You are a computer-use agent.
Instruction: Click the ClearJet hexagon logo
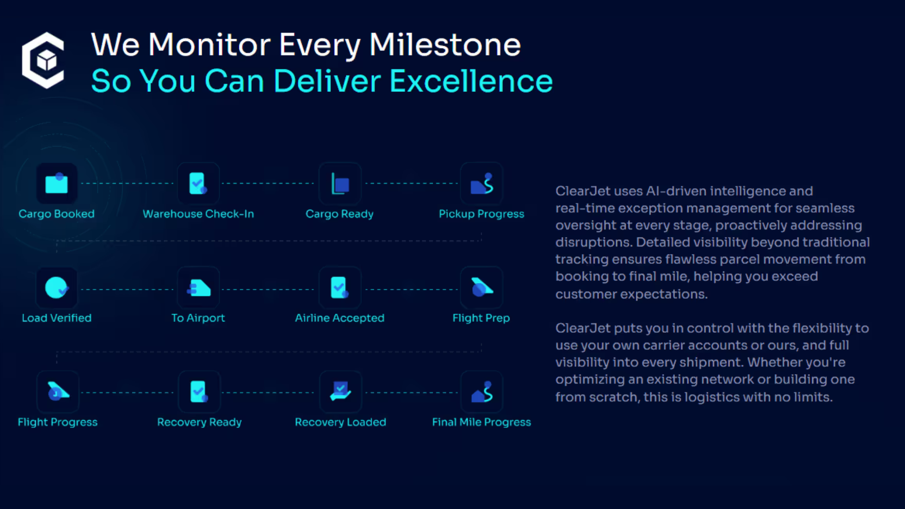coord(43,60)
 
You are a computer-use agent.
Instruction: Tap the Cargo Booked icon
coord(57,183)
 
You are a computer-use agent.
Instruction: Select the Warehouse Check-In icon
coord(198,183)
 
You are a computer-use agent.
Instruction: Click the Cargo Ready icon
coord(340,183)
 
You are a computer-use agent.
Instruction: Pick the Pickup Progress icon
coord(482,183)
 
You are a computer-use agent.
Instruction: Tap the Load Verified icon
coord(57,287)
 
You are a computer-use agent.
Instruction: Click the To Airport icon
coord(198,287)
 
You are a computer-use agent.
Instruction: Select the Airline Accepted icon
coord(340,287)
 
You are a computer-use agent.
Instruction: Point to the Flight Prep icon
coord(482,287)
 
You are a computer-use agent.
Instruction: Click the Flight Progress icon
coord(58,392)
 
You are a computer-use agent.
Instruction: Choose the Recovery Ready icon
coord(199,392)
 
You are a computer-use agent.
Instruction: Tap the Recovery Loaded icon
coord(340,392)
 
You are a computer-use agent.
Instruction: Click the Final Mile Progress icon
coord(482,392)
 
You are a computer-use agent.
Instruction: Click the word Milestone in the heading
coord(445,45)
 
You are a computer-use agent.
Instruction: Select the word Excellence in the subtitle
coord(471,81)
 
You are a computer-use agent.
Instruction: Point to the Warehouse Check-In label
coord(198,214)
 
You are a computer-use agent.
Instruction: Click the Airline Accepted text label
coord(340,318)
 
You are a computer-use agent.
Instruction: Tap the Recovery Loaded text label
coord(340,422)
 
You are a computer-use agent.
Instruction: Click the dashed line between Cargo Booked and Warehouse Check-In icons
coord(127,183)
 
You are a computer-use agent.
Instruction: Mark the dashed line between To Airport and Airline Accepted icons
coord(268,289)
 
